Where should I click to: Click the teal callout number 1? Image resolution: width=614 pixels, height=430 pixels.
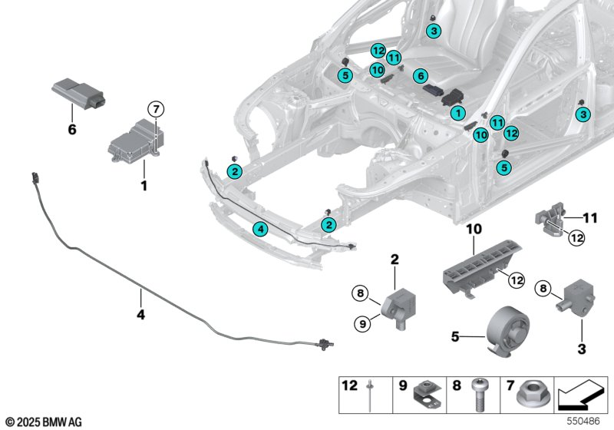pos(457,114)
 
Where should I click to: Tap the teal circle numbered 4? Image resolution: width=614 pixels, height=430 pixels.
pos(260,229)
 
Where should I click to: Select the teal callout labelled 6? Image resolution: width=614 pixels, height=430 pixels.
pos(421,75)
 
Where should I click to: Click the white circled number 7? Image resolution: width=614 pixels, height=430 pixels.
pos(156,108)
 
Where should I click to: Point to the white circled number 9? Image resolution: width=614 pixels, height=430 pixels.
pos(362,324)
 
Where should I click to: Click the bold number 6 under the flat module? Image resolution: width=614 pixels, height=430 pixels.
pos(72,129)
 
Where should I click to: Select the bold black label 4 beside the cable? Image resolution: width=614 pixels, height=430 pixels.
pos(140,314)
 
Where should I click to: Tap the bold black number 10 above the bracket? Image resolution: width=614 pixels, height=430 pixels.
pos(474,229)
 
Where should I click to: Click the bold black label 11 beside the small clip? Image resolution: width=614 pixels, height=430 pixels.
pos(590,218)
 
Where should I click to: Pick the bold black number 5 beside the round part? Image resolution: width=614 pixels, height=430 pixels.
pos(455,336)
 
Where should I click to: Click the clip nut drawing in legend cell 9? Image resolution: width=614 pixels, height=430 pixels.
pos(427,394)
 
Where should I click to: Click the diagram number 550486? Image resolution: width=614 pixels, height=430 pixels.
pos(583,421)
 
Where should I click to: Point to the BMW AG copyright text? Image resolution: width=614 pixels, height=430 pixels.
pos(45,422)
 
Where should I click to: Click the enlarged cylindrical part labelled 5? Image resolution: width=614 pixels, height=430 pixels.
pos(508,331)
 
